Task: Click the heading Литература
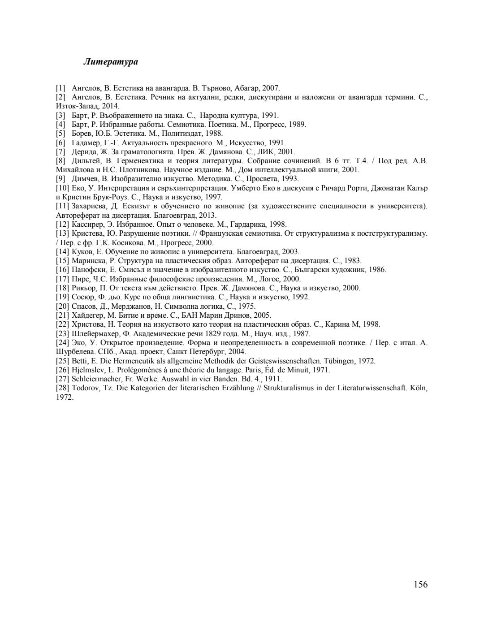[110, 62]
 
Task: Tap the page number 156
[420, 584]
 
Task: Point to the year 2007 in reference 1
[271, 88]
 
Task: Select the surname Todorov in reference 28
[86, 388]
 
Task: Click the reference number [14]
[62, 251]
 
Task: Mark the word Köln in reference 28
[419, 388]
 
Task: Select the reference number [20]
[62, 306]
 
